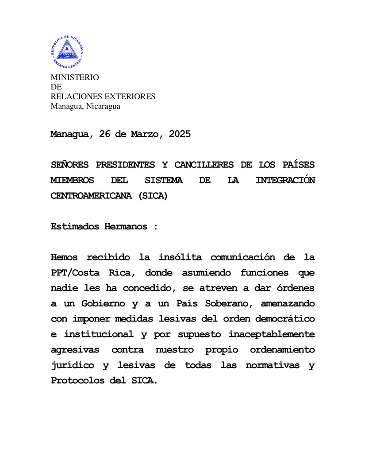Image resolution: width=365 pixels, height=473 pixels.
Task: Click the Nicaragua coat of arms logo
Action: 67,52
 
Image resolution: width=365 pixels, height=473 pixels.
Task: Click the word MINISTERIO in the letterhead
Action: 75,78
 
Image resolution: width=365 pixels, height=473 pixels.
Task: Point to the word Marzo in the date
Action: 147,134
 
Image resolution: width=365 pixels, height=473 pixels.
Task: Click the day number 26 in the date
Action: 105,134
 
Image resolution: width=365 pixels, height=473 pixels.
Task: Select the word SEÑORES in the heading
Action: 70,165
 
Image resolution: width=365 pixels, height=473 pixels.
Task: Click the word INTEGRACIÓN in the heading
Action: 285,180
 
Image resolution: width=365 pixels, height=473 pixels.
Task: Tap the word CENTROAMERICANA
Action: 91,196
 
